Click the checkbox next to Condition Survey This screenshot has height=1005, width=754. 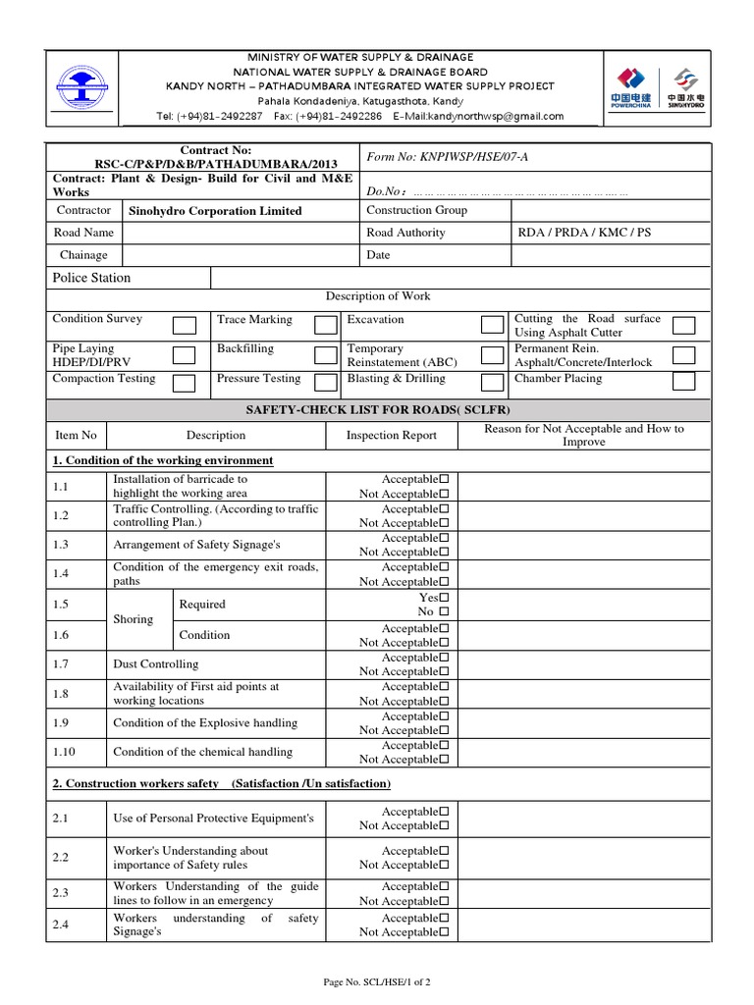184,326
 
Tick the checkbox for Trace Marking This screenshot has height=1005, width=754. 326,326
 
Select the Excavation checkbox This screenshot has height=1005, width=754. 492,326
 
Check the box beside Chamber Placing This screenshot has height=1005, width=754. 683,381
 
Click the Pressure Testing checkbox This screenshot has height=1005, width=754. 326,383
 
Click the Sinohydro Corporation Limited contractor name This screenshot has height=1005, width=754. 215,211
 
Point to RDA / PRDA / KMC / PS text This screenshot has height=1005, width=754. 583,234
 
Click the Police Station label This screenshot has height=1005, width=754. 91,278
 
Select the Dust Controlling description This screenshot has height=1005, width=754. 155,664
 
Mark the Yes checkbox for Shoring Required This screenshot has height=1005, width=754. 445,598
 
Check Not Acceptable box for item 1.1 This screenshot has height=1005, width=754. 445,494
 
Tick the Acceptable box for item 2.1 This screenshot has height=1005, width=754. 445,812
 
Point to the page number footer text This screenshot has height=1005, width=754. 377,981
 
